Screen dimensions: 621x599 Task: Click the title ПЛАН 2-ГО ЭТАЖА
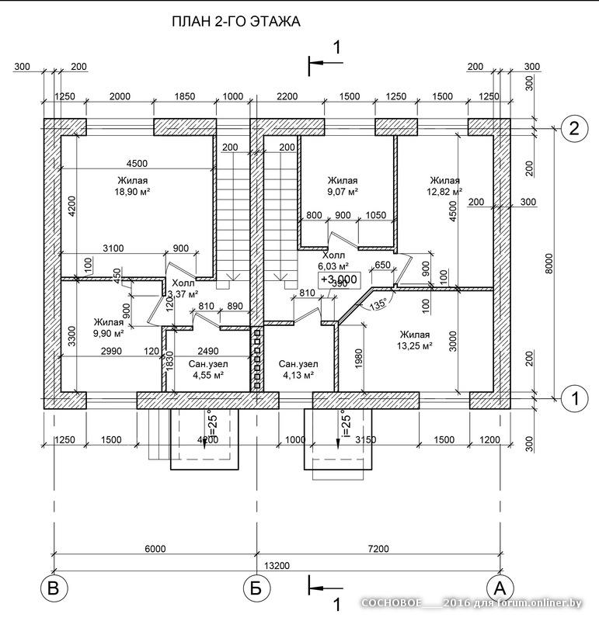(235, 23)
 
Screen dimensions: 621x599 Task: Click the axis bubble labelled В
(53, 588)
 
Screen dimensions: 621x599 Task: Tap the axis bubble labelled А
(500, 588)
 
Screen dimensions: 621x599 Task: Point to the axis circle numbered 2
(573, 129)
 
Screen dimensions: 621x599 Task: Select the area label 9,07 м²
(342, 191)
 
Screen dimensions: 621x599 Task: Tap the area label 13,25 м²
(414, 347)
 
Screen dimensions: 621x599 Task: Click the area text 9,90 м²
(108, 334)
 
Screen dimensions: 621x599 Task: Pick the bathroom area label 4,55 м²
(208, 376)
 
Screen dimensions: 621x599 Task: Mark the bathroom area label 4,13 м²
(297, 376)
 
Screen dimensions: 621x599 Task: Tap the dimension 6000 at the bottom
(155, 549)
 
